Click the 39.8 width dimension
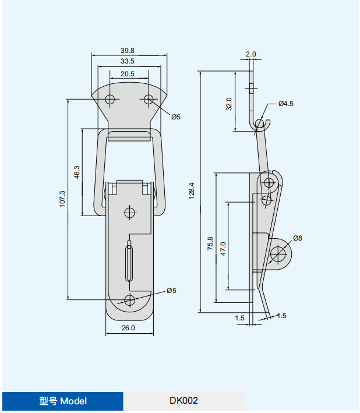click(128, 50)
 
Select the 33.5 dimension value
click(128, 61)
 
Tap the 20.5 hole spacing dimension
click(128, 74)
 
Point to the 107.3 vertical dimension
click(62, 199)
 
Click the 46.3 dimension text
click(77, 172)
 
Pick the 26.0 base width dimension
click(128, 328)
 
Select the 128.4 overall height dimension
click(192, 190)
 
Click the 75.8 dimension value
click(210, 243)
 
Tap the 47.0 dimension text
click(223, 249)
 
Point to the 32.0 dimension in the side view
click(229, 104)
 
